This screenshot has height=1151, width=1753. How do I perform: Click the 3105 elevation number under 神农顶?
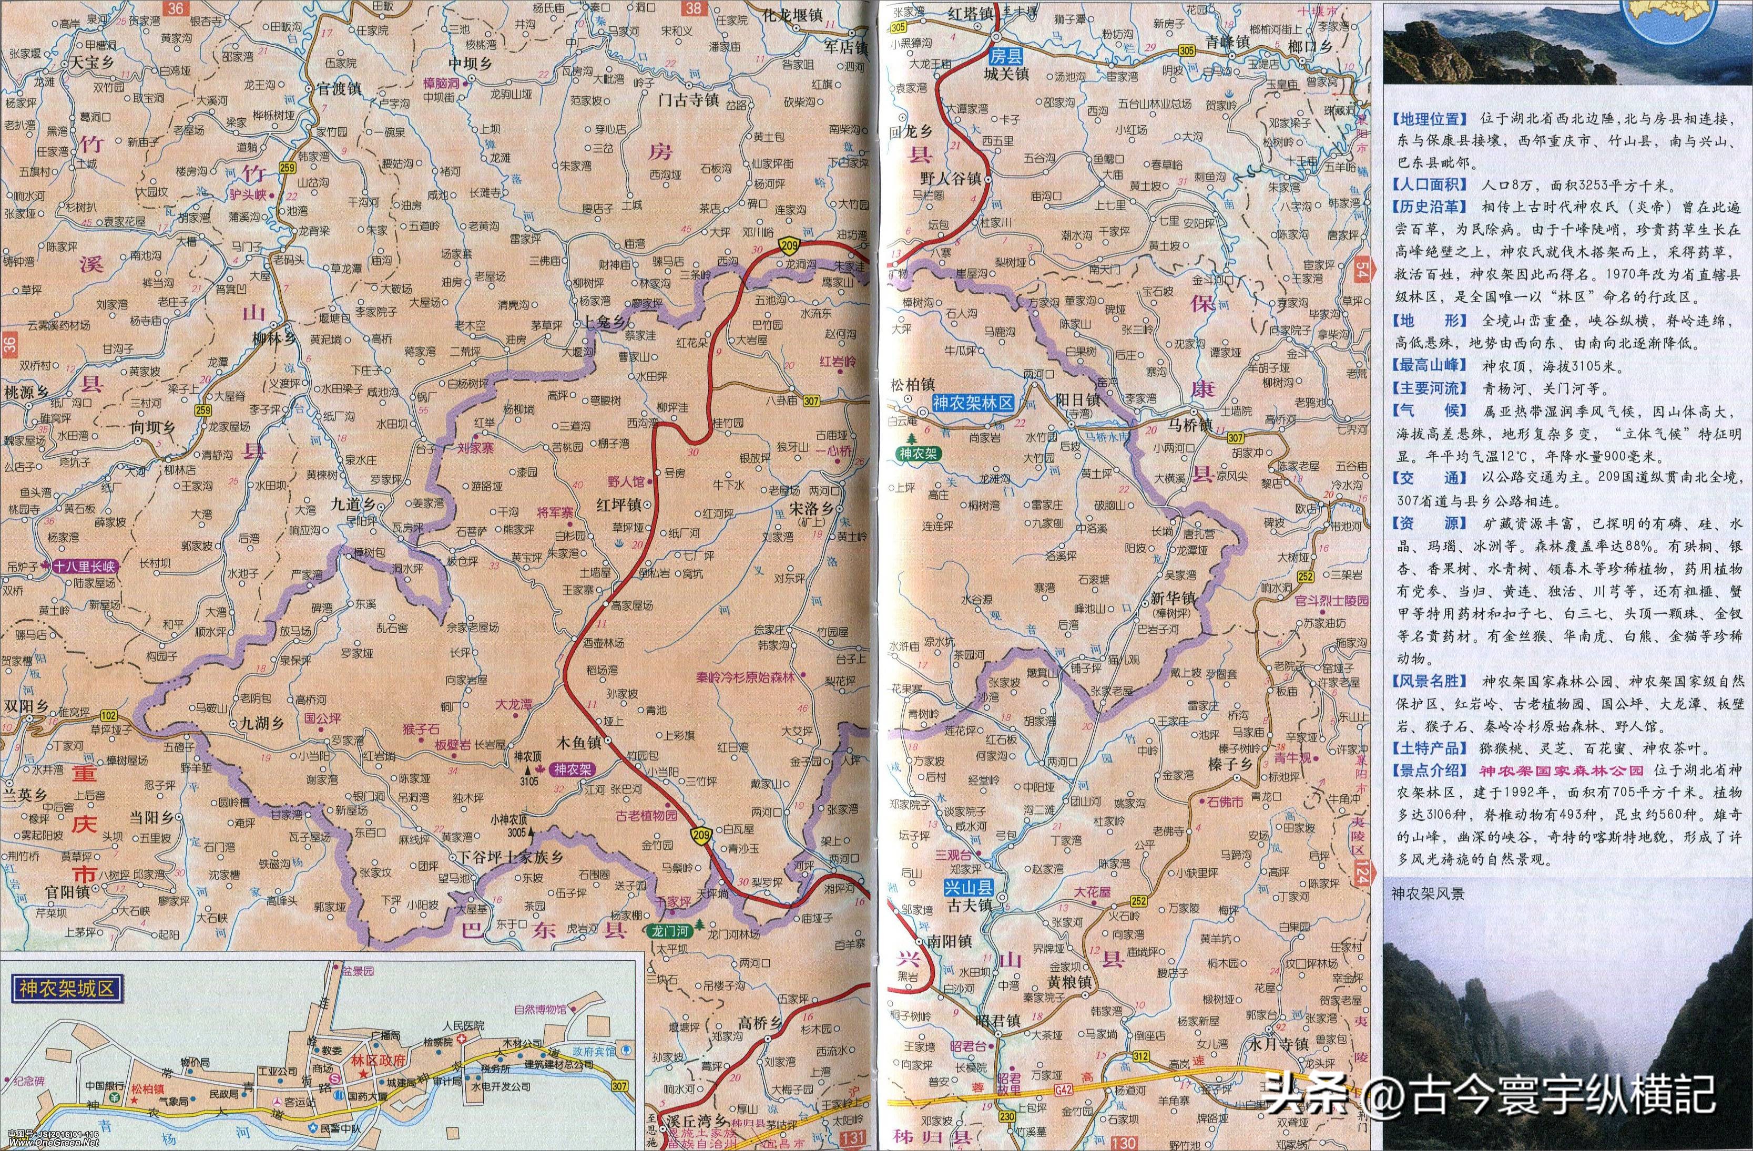[x=529, y=780]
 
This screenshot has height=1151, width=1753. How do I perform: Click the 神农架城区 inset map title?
[x=66, y=988]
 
